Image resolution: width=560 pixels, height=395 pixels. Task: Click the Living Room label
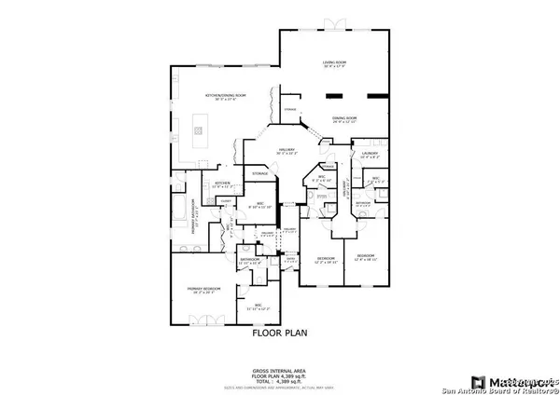334,64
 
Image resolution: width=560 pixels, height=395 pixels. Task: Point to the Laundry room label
367,156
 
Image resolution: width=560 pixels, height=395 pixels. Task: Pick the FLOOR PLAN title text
280,331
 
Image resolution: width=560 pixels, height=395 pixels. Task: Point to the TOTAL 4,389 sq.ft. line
280,378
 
